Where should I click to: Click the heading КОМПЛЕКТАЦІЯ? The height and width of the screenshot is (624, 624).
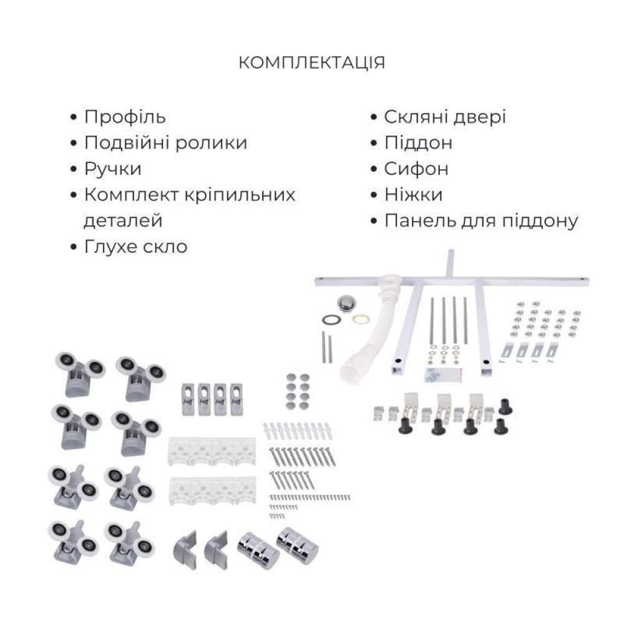pyautogui.click(x=312, y=63)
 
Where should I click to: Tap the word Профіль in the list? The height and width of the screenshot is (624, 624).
pyautogui.click(x=125, y=117)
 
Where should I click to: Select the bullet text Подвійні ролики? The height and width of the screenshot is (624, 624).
pyautogui.click(x=165, y=143)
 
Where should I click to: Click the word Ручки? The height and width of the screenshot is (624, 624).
pyautogui.click(x=113, y=169)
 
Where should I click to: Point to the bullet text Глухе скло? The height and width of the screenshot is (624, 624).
pyautogui.click(x=135, y=246)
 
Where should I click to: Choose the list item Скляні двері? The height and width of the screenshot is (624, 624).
pyautogui.click(x=445, y=117)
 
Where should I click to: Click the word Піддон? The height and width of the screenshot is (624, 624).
pyautogui.click(x=418, y=143)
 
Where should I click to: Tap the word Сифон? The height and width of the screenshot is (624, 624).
pyautogui.click(x=416, y=169)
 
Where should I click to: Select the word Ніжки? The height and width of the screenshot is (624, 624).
pyautogui.click(x=413, y=195)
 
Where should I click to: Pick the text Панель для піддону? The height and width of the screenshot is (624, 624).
pyautogui.click(x=481, y=221)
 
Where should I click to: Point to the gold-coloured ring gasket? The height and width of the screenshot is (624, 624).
pyautogui.click(x=359, y=319)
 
